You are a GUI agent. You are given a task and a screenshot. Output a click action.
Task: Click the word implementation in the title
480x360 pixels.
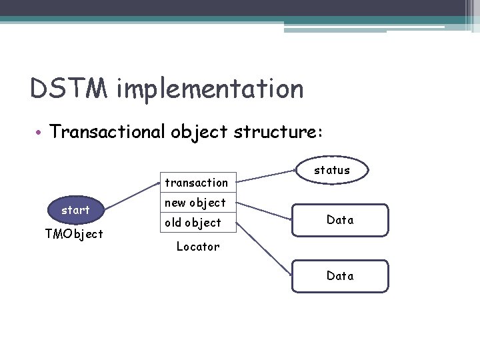point(209,89)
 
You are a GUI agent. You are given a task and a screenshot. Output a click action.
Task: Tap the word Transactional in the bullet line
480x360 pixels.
point(107,132)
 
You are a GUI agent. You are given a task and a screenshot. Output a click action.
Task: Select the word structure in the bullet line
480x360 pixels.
point(275,132)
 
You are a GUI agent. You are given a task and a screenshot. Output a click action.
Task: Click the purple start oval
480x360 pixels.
point(75,210)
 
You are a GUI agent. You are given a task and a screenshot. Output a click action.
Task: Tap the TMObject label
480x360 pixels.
point(74,234)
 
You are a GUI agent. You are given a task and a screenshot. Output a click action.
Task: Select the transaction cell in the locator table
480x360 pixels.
point(197,183)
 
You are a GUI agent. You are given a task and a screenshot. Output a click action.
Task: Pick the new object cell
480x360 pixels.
point(197,203)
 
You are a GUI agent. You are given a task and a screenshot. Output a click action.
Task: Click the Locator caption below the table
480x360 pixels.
point(197,247)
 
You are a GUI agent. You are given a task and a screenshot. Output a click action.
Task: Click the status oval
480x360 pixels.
point(332,170)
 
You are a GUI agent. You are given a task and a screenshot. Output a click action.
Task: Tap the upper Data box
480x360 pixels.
point(340,220)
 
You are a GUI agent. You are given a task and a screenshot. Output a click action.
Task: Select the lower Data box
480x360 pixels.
point(340,276)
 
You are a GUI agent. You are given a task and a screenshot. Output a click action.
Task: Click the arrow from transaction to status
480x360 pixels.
point(267,176)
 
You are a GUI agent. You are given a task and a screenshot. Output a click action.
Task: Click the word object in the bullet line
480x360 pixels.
point(198,132)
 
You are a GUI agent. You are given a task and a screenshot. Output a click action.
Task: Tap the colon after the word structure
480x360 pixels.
point(321,133)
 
